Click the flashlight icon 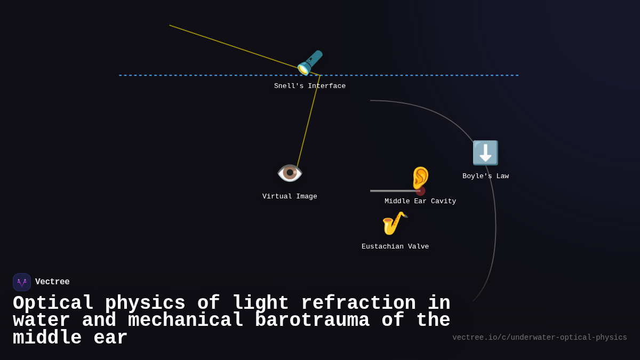pyautogui.click(x=310, y=62)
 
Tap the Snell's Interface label pyautogui.click(x=310, y=86)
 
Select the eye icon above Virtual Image pyautogui.click(x=290, y=173)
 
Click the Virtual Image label pyautogui.click(x=290, y=197)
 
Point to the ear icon pyautogui.click(x=420, y=178)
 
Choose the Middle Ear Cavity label pyautogui.click(x=420, y=202)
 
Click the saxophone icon pyautogui.click(x=395, y=223)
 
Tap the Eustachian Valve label pyautogui.click(x=395, y=247)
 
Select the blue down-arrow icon pyautogui.click(x=485, y=153)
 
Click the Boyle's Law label pyautogui.click(x=485, y=177)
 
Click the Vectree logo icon pyautogui.click(x=22, y=282)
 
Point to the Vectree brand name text pyautogui.click(x=52, y=282)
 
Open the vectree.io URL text pyautogui.click(x=540, y=338)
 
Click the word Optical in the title pyautogui.click(x=53, y=303)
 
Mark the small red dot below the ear pyautogui.click(x=421, y=191)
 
